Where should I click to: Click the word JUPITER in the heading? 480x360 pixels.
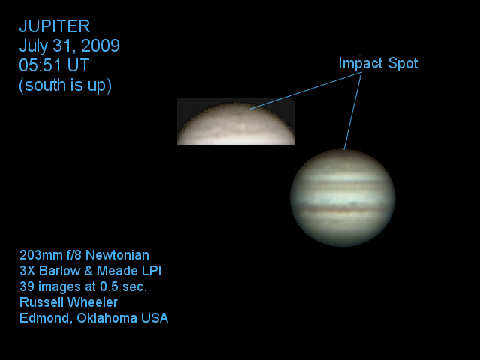pos(55,26)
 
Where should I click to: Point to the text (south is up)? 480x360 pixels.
pos(65,85)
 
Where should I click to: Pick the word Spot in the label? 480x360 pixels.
pos(403,63)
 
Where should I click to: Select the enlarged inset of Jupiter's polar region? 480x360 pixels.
pos(236,121)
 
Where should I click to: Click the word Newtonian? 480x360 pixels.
pos(117,255)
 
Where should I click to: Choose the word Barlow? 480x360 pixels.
pos(60,271)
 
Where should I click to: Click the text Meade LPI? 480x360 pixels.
pos(129,271)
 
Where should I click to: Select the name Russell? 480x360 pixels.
pos(41,302)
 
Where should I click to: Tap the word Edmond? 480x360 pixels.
pos(46,318)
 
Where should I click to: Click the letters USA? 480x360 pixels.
pos(154,318)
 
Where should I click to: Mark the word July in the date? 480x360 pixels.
pos(34,46)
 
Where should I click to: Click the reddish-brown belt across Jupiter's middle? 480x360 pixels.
pos(343,210)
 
